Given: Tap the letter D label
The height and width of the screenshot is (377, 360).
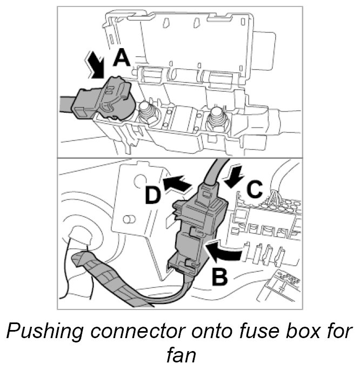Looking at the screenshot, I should [x=154, y=195].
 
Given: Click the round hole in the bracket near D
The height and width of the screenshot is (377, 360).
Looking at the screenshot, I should [x=139, y=183].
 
